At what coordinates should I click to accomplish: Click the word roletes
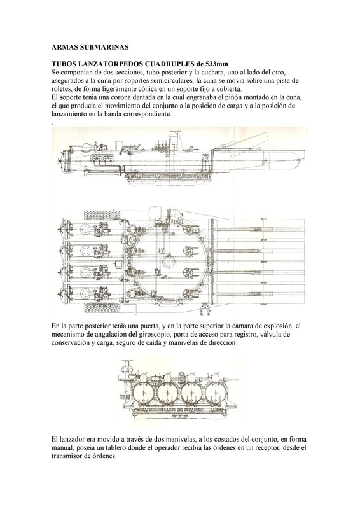[x=61, y=88]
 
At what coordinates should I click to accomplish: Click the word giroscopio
[x=153, y=335]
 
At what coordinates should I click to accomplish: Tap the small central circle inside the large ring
[x=169, y=261]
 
